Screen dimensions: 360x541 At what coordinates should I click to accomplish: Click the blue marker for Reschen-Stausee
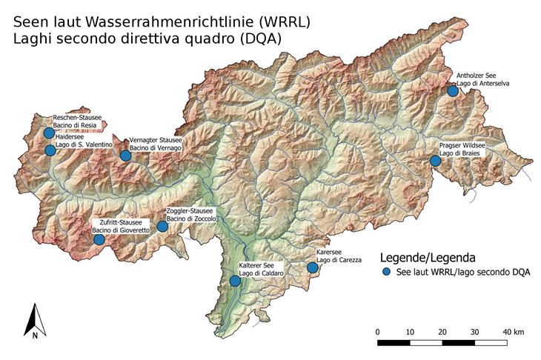(x=49, y=133)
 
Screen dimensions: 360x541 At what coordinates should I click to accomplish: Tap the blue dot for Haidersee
(x=50, y=150)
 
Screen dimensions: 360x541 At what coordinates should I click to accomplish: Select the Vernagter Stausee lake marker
(x=125, y=155)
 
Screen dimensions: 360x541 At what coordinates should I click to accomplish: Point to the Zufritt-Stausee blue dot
(x=99, y=239)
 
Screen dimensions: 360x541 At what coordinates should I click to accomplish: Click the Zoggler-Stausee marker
(x=162, y=226)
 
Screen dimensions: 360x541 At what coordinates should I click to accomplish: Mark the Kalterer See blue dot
(x=235, y=281)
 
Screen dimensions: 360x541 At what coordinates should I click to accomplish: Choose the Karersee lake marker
(x=313, y=267)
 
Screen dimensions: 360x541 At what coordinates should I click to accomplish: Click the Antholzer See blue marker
(x=453, y=90)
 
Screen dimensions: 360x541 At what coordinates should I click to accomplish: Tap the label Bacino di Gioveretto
(x=122, y=231)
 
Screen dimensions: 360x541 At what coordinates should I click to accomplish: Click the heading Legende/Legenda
(x=427, y=258)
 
